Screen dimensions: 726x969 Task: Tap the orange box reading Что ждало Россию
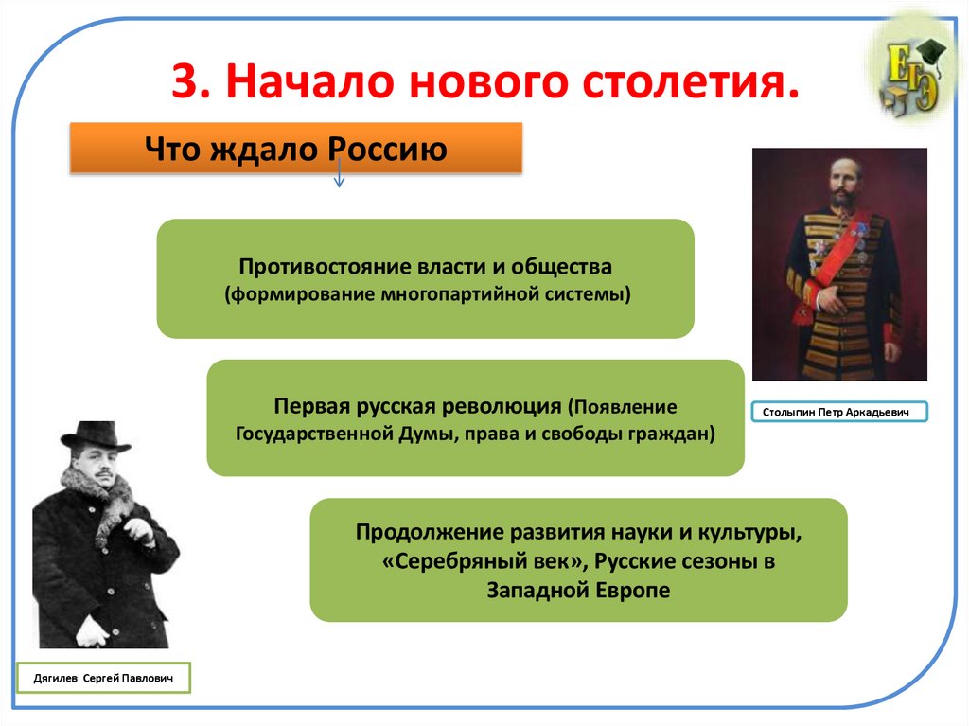point(295,148)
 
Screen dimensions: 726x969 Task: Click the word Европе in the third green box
point(626,590)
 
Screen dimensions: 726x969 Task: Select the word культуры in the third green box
point(755,533)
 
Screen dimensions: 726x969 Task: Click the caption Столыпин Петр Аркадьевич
point(839,412)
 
